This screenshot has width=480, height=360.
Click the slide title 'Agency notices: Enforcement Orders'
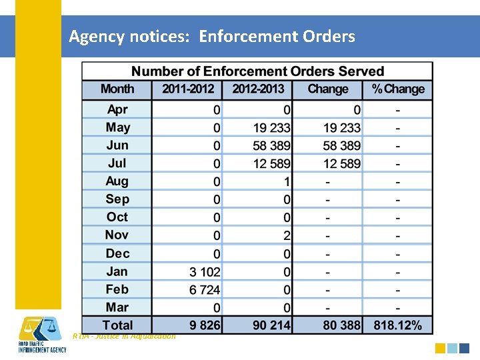click(212, 36)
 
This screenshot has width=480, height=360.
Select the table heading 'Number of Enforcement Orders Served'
click(257, 71)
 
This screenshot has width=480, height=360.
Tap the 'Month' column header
click(117, 89)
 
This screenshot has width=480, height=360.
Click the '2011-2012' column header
click(187, 89)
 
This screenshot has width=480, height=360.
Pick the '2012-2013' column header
click(257, 89)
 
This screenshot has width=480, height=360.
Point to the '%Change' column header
click(398, 89)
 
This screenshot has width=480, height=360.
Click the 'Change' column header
click(328, 89)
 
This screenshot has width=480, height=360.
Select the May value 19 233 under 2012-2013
click(271, 128)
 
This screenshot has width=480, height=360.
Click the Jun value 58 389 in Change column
click(341, 146)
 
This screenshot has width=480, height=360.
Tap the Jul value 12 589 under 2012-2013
click(271, 164)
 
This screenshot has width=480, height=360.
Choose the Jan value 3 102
click(205, 272)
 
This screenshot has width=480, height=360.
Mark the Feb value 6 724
click(205, 290)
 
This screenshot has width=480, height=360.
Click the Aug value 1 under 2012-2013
click(286, 182)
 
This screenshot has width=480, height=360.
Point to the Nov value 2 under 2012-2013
click(286, 236)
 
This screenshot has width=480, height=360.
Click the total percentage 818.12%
click(397, 325)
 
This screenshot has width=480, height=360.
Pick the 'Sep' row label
click(117, 199)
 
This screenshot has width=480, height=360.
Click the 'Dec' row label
click(117, 253)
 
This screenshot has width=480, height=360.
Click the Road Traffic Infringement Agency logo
click(41, 336)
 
